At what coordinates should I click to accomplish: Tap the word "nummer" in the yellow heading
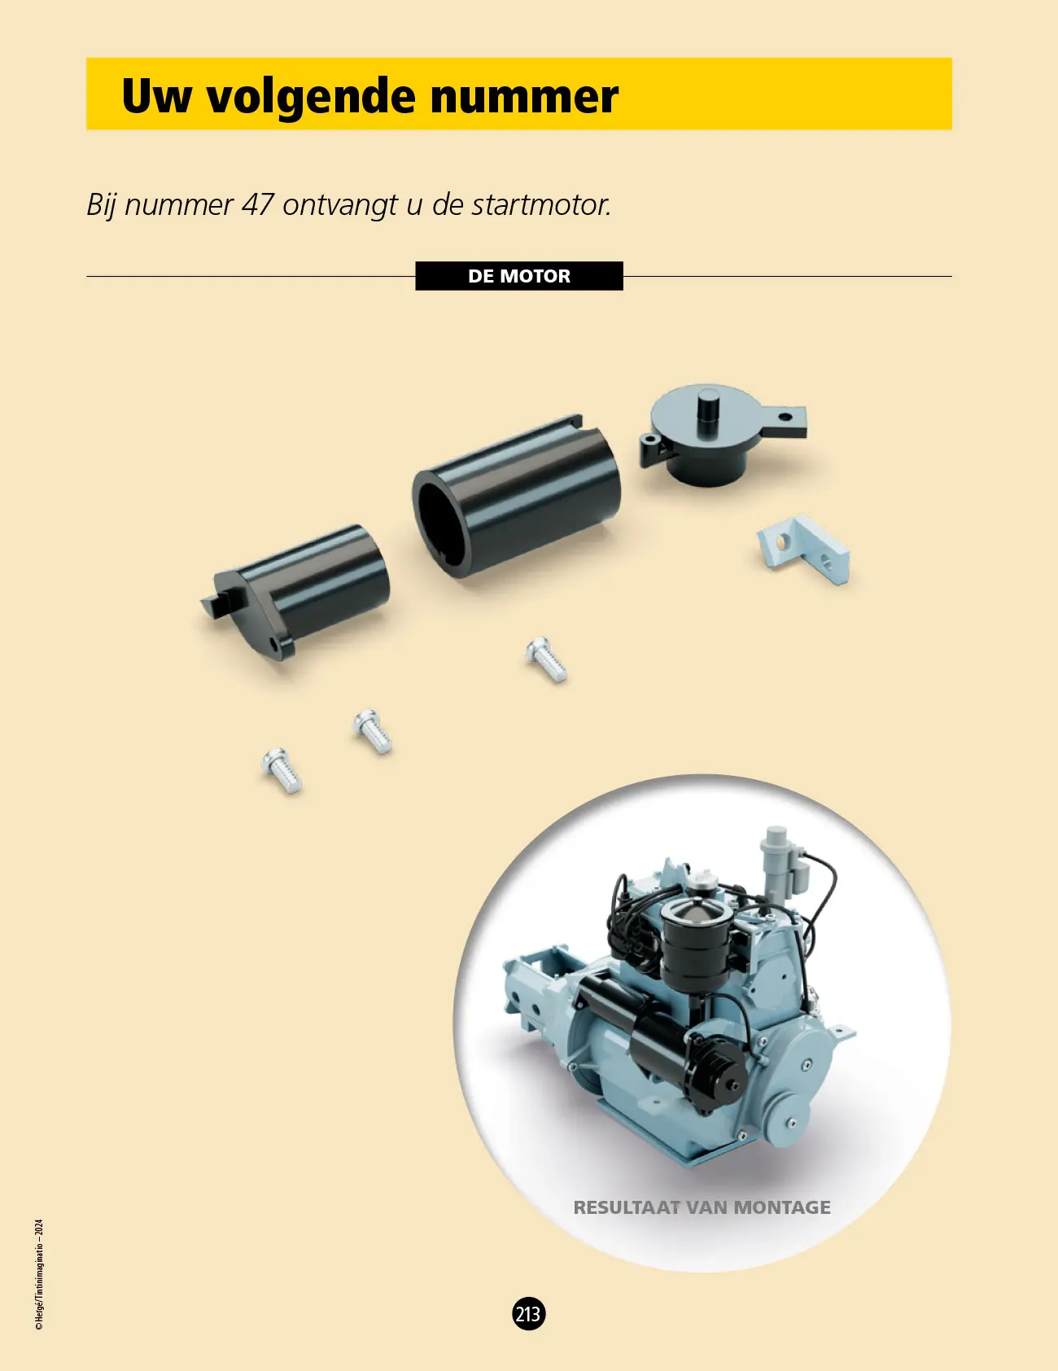524,96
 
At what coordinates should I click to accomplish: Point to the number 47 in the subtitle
257,204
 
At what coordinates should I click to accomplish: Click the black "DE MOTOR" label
519,276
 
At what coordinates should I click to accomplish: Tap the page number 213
528,1314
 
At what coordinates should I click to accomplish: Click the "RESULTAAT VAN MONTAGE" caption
702,1207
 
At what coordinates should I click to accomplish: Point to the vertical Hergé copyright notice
39,1275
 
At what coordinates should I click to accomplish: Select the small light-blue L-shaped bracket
804,549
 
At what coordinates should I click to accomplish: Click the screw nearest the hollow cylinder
546,659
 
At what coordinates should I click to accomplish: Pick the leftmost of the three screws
282,770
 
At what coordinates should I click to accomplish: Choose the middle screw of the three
373,731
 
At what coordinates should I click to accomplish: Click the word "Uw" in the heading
157,96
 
